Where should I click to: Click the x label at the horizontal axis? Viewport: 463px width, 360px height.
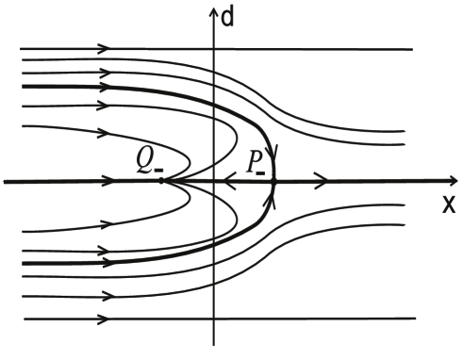coord(449,205)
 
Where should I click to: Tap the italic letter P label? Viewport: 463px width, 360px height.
coord(254,161)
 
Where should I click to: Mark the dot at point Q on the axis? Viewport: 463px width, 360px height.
coord(162,180)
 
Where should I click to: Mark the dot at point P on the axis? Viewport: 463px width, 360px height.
coord(273,180)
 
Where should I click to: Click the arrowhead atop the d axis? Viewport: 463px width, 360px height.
coord(215,12)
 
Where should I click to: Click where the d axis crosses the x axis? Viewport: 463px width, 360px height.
coord(215,180)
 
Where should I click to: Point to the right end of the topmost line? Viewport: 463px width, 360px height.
coord(412,48)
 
